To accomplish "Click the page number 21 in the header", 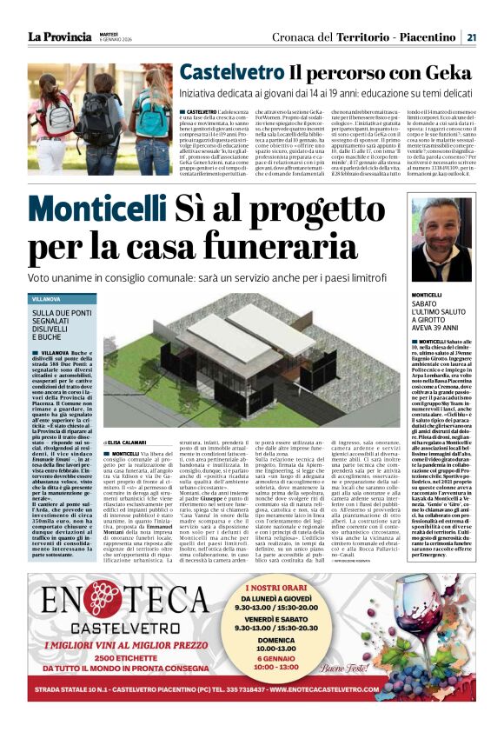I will (469, 37).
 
